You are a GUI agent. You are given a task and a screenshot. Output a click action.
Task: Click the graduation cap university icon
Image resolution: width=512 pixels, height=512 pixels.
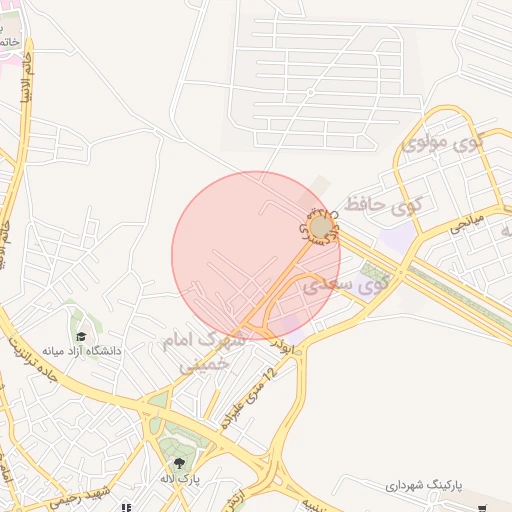[x=80, y=336]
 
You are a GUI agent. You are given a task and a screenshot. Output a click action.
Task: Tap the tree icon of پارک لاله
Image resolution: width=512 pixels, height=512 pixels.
[x=179, y=462]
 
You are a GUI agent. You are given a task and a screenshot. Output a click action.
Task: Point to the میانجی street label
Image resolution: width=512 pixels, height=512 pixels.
[x=466, y=221]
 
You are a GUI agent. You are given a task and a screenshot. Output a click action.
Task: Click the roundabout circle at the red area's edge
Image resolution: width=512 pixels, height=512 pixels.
[x=320, y=229]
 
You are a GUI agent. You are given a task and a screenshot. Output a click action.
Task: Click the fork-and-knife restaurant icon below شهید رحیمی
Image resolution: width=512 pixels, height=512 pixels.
[x=126, y=507]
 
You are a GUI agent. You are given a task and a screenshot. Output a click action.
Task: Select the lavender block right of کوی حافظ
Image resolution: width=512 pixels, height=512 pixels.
[x=398, y=238]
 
